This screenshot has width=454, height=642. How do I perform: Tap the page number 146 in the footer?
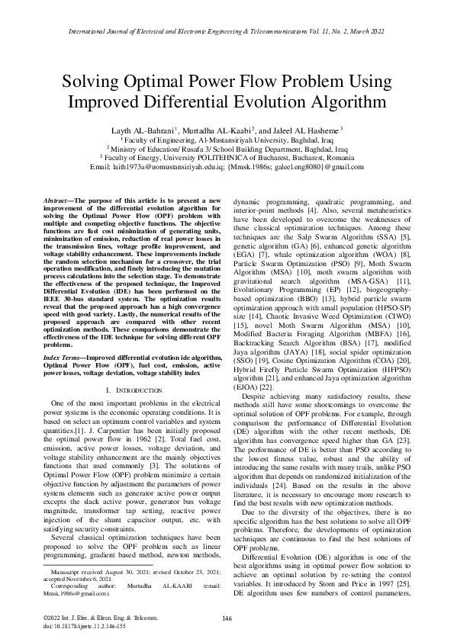point(227,617)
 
